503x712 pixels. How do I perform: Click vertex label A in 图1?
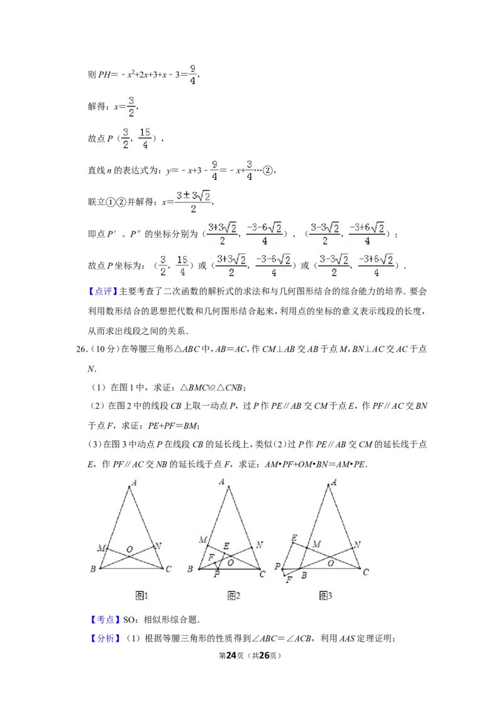point(134,482)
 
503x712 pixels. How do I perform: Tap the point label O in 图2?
point(231,562)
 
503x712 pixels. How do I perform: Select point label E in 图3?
point(294,538)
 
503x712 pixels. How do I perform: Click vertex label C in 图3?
point(366,572)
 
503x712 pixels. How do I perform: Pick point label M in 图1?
point(101,548)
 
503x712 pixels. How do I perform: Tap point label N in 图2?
point(259,545)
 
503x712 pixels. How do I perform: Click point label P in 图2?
point(216,574)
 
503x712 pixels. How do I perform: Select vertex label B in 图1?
point(93,569)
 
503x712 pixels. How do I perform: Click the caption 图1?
point(141,595)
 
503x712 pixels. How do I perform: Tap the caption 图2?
point(234,595)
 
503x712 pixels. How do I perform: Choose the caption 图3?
point(326,595)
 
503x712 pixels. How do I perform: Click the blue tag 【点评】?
point(103,291)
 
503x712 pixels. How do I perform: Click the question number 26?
point(82,349)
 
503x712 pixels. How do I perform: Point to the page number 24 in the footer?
point(231,655)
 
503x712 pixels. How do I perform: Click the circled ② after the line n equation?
point(268,170)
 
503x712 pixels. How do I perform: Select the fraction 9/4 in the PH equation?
point(193,74)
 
